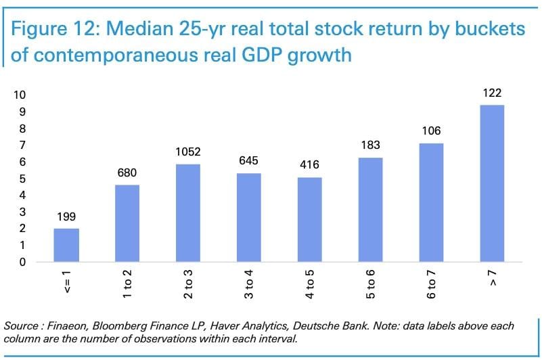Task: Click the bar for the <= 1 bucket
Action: pos(66,245)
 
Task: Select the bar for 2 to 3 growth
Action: pos(188,212)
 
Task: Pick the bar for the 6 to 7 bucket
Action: pos(432,202)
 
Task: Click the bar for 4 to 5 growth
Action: pos(310,219)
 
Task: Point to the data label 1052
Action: pos(188,152)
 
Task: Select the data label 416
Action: pos(310,165)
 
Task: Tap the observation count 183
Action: pos(371,145)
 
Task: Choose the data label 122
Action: pos(493,93)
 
